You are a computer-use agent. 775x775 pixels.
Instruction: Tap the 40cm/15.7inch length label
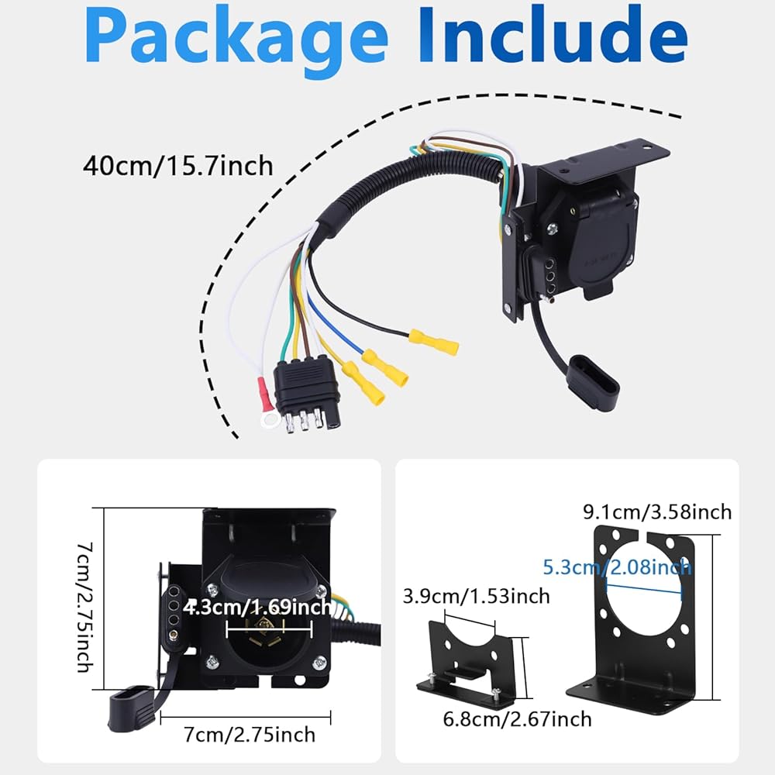point(178,165)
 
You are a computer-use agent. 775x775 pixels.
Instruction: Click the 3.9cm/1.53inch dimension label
point(476,595)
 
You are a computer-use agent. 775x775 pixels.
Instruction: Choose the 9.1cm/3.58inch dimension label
point(656,511)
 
